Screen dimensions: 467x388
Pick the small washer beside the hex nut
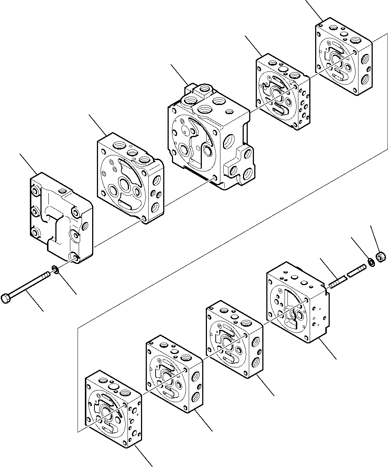pos(371,262)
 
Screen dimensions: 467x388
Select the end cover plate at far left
pos(60,219)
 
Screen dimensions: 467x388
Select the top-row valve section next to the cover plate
pos(129,179)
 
